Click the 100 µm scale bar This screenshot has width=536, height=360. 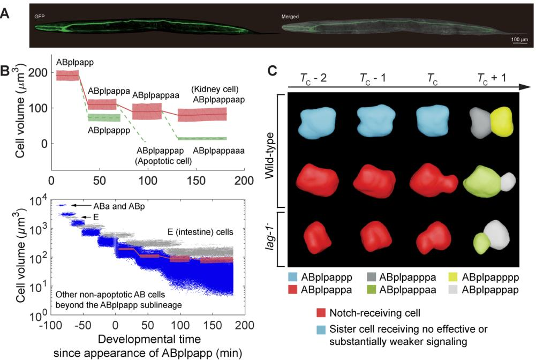click(519, 42)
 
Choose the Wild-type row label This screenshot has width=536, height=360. click(270, 151)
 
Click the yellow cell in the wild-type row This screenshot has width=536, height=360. click(501, 120)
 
